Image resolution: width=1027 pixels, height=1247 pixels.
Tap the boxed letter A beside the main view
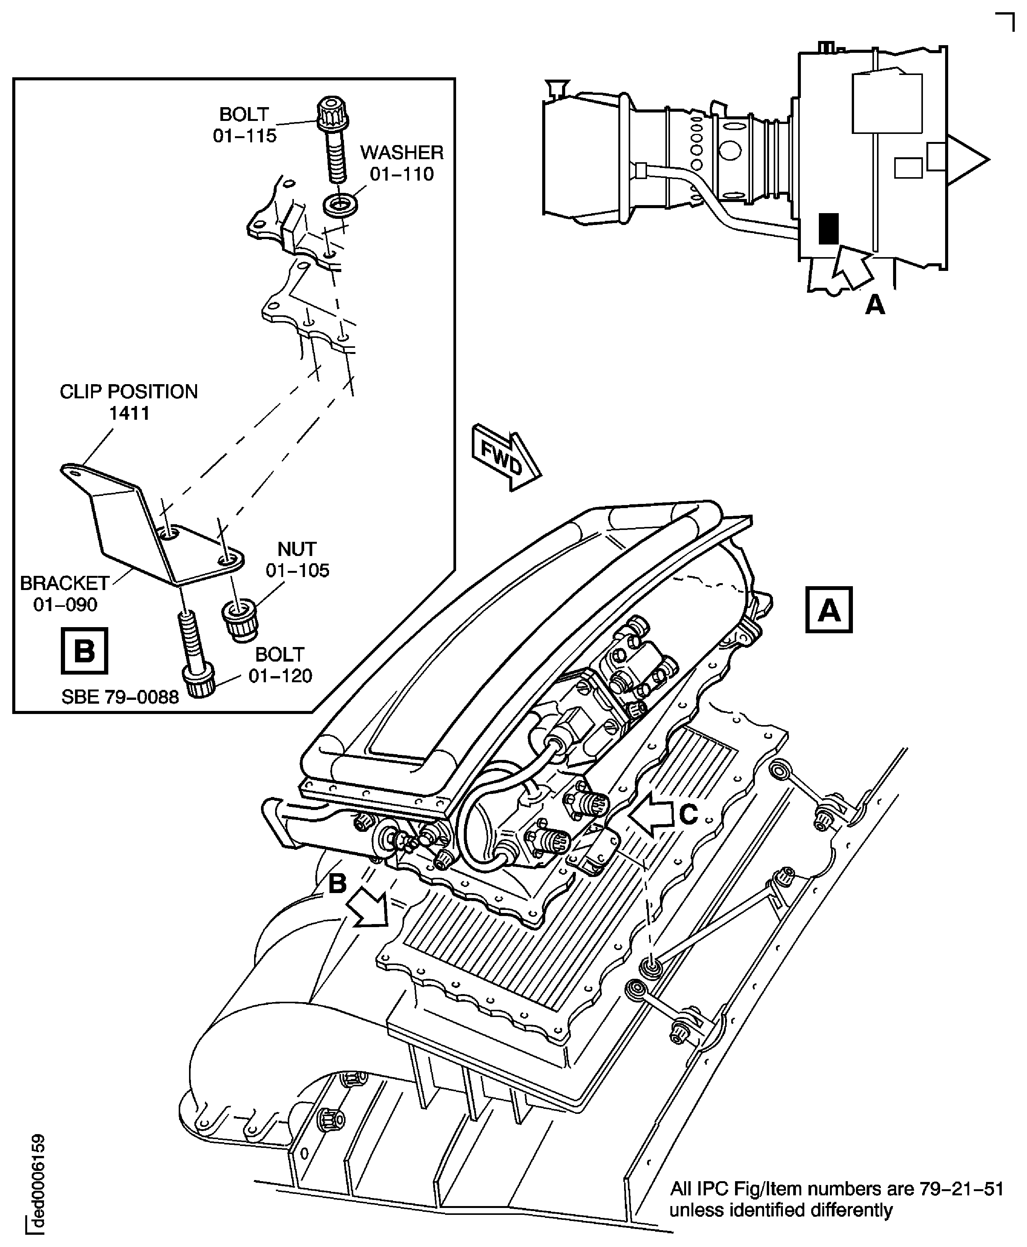coord(828,610)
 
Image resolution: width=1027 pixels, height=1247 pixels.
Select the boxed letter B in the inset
coord(84,651)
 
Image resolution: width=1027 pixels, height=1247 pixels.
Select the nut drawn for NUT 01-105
coord(239,619)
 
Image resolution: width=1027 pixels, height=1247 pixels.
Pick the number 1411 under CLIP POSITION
coord(129,413)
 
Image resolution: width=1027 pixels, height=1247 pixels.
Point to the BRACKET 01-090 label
coord(65,593)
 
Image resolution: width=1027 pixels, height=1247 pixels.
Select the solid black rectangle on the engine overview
coord(828,229)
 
